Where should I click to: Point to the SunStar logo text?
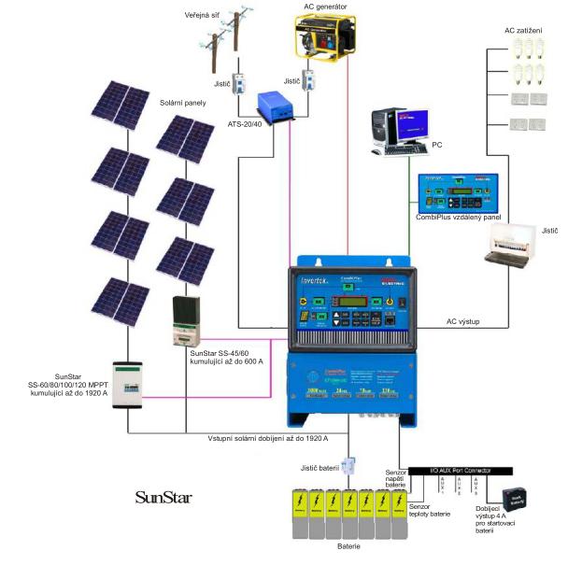click(163, 497)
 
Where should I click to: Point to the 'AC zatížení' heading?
click(523, 31)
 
